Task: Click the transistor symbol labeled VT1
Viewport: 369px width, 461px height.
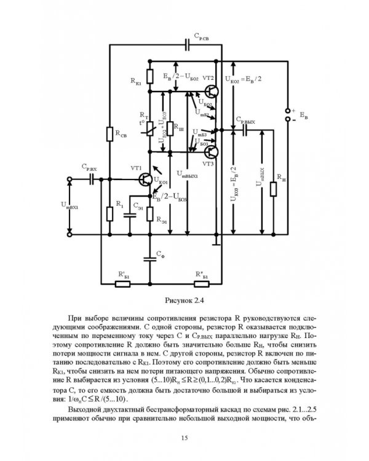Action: coord(146,179)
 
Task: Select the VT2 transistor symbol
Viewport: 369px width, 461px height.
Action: coord(211,92)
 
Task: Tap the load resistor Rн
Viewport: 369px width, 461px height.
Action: coord(271,184)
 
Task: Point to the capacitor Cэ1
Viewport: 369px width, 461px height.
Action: coord(130,215)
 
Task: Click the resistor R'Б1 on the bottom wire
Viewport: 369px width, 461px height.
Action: coord(122,283)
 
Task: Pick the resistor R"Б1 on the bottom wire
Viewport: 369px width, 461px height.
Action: coord(201,283)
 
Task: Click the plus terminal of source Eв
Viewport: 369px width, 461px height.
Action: coord(287,110)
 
